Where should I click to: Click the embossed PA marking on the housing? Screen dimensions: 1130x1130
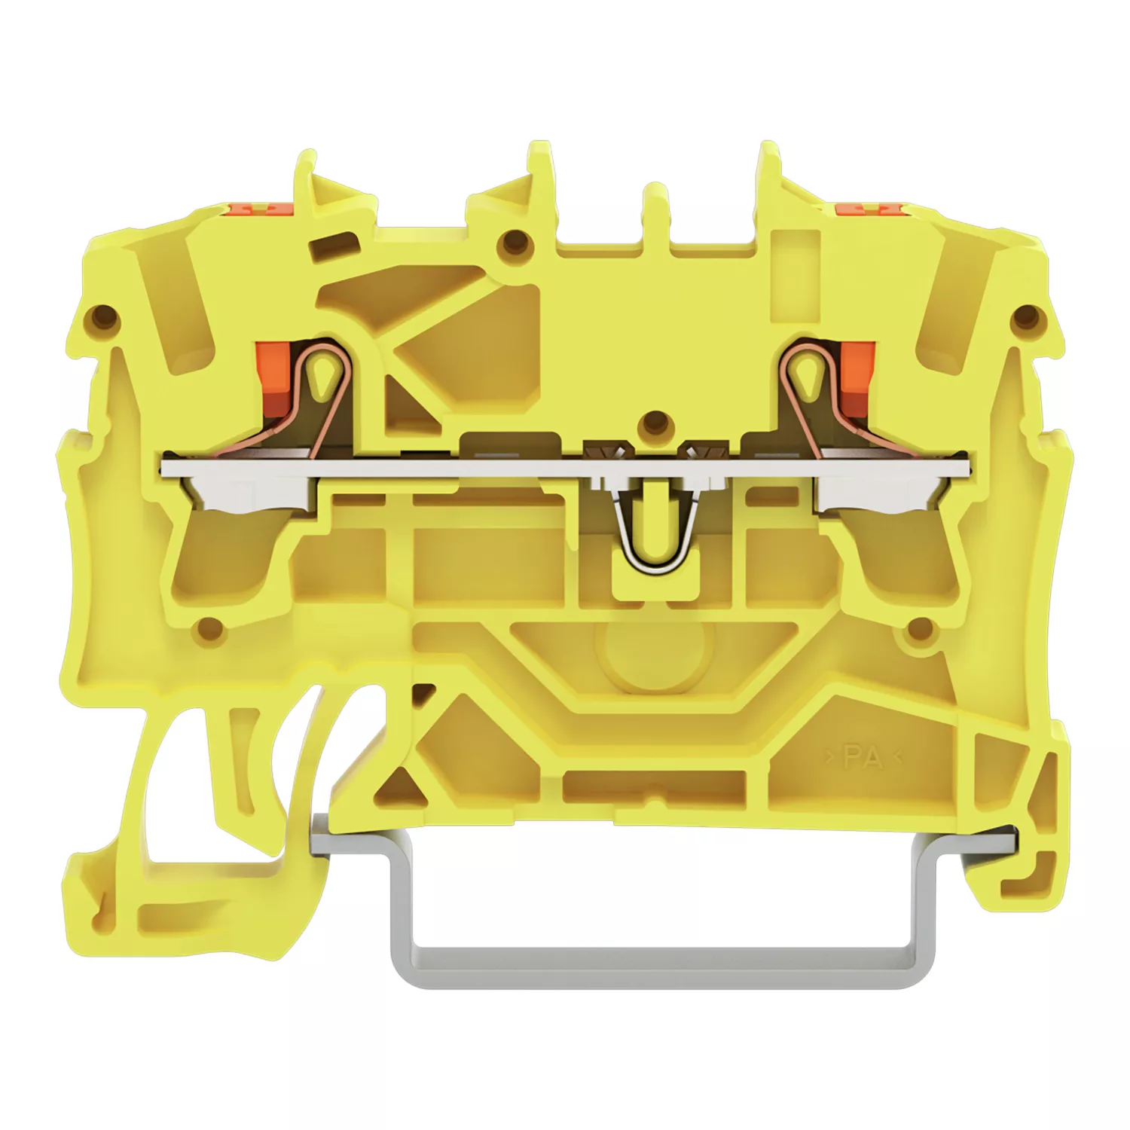[863, 756]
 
